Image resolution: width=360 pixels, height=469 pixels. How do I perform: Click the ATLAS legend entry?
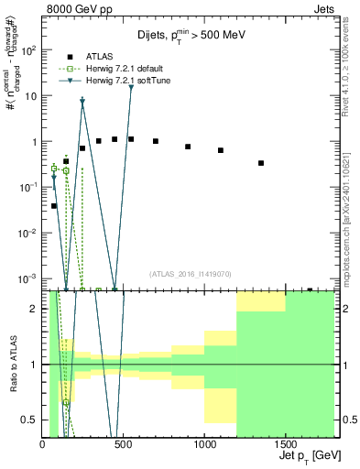coord(100,56)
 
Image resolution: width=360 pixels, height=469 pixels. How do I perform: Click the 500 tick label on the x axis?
coord(124,442)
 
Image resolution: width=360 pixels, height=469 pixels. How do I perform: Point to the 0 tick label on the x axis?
coord(43,442)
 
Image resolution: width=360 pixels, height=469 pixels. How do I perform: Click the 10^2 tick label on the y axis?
coord(27,50)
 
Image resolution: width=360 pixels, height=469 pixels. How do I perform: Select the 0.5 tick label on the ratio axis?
coord(29,420)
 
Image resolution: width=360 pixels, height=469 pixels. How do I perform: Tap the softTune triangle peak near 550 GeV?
coord(131,88)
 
